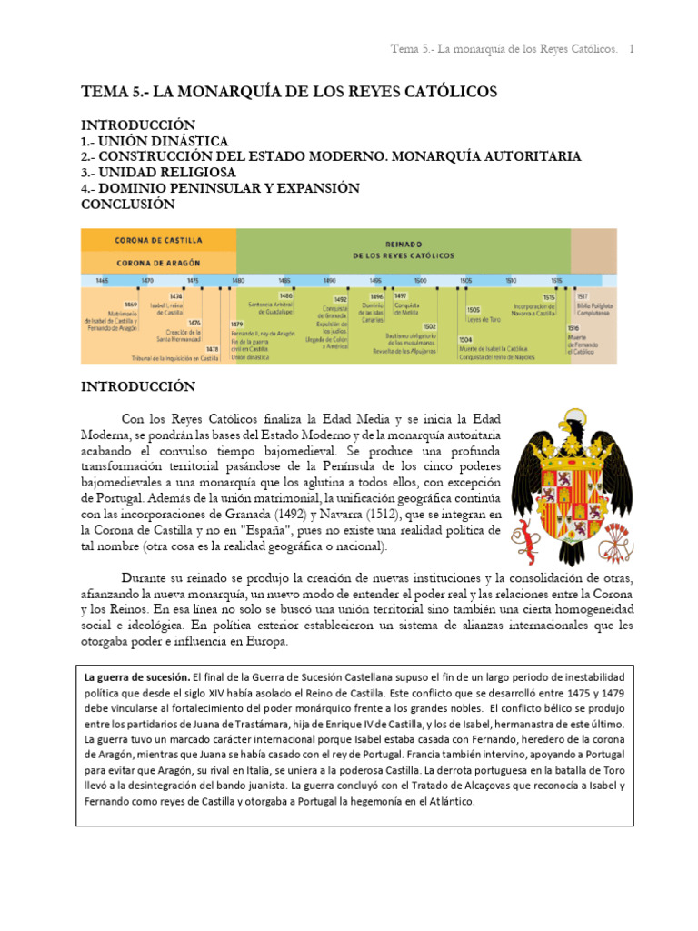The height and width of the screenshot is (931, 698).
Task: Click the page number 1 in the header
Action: coord(633,47)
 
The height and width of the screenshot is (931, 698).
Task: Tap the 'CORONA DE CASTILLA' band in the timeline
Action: coord(158,241)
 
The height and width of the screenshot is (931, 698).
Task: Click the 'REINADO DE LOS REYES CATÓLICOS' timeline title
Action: coord(403,251)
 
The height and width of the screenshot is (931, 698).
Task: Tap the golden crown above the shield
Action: coord(572,452)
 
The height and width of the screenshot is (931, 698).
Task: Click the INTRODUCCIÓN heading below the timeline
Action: coord(138,386)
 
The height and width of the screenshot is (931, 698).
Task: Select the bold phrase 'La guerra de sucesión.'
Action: coord(137,677)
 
